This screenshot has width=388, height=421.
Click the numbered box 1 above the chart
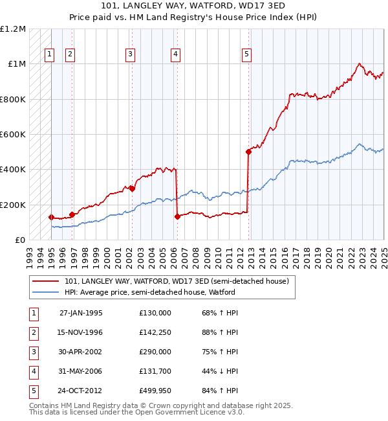point(49,55)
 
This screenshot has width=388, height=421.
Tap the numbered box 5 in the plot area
point(246,55)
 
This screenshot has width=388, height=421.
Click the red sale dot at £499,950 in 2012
point(248,152)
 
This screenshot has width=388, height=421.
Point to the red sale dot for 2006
point(177,217)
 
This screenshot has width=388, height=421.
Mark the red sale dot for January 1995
point(51,217)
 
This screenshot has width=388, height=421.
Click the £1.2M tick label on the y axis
point(13,29)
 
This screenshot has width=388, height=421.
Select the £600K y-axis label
point(13,134)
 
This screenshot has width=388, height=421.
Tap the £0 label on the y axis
point(19,240)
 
